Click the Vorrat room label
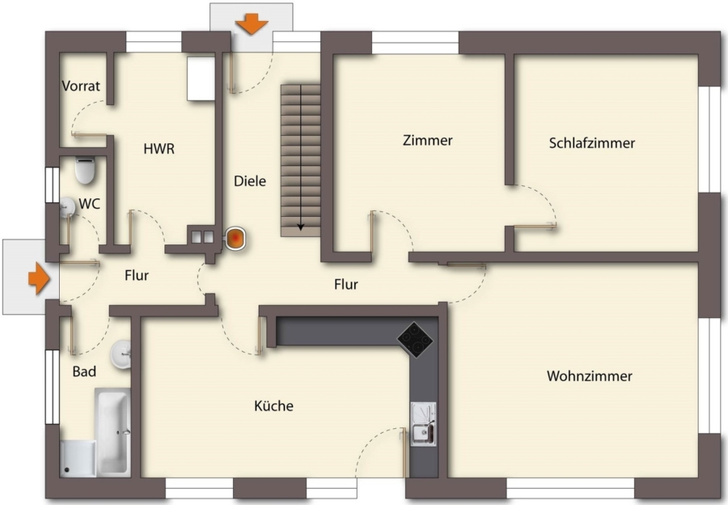81,86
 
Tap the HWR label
159,149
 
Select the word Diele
250,180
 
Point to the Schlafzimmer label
592,142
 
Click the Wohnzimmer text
590,376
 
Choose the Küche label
274,405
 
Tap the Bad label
84,371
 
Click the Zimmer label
428,140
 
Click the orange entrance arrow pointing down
252,24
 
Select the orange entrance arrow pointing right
39,278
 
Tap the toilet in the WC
85,171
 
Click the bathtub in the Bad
112,431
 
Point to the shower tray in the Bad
78,459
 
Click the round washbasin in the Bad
121,354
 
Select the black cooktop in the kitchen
415,340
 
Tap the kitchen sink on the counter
423,424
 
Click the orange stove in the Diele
236,239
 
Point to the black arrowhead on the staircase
301,227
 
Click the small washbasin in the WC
67,206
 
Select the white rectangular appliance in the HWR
201,78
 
